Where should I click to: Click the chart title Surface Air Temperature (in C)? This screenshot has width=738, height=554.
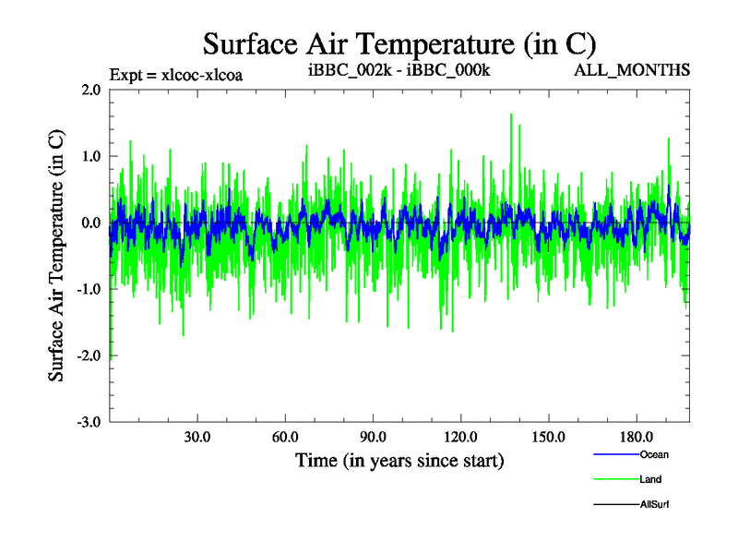400,44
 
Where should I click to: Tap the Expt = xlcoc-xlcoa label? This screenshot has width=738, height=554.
175,75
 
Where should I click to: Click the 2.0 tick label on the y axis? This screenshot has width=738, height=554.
90,90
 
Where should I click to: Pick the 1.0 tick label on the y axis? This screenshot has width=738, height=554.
90,156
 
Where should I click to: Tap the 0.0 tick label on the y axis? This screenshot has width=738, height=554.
90,223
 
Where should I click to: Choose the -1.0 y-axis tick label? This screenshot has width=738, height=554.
89,289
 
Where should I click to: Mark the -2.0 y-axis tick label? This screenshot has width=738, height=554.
89,355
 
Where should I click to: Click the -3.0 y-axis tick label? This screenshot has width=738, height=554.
89,422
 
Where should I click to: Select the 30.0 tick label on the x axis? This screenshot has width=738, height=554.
197,437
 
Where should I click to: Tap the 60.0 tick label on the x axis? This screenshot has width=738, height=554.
285,437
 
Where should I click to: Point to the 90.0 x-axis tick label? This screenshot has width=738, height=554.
373,437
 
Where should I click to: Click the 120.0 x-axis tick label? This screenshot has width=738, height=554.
460,437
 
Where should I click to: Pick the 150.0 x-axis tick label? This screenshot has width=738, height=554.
548,437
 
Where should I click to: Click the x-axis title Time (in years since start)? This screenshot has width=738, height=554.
399,459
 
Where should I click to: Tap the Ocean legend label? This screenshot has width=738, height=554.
654,454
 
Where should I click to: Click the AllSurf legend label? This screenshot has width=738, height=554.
654,504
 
